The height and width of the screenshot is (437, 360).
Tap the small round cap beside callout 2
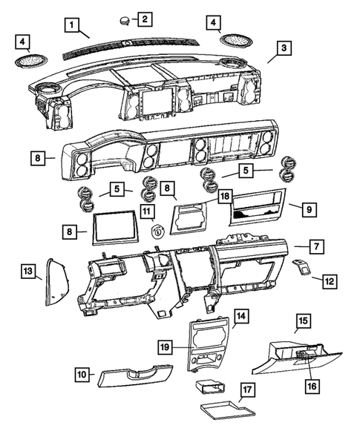[x=122, y=18]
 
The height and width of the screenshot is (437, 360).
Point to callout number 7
[x=316, y=244]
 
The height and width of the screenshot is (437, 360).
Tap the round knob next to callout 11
[x=157, y=231]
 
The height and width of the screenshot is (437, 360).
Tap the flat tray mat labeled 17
[x=224, y=410]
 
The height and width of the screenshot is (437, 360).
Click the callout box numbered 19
[x=166, y=346]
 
